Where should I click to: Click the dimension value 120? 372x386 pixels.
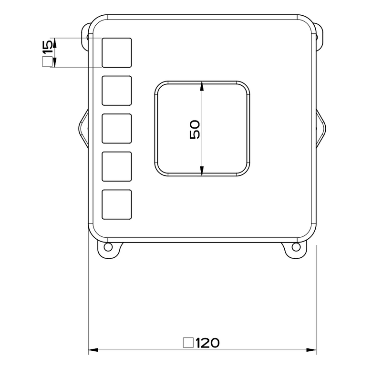point(207,343)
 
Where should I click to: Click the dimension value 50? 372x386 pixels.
point(195,129)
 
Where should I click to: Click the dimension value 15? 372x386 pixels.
point(48,47)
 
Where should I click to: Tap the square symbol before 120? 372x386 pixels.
point(188,343)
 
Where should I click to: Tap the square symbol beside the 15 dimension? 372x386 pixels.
point(47,61)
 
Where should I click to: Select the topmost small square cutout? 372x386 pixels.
point(117,52)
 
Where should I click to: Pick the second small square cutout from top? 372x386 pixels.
point(117,91)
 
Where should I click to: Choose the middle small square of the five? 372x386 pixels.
point(117,129)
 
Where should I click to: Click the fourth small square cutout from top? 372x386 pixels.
point(117,167)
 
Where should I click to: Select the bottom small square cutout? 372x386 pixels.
point(117,204)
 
